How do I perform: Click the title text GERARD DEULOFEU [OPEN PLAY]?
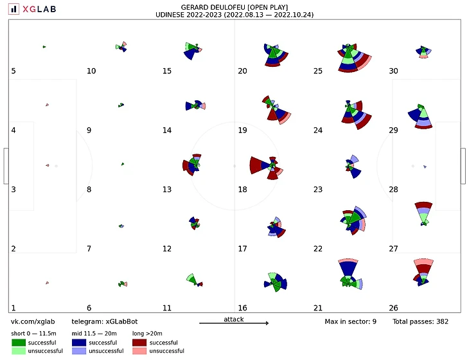pos(234,6)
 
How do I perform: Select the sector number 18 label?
pos(242,190)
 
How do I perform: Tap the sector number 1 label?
pos(13,308)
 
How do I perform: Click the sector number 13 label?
pos(167,190)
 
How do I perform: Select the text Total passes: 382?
pos(420,321)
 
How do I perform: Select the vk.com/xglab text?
pos(32,321)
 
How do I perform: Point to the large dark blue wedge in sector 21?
pos(348,267)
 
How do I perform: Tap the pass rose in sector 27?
pos(423,212)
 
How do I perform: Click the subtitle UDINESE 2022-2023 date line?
pos(234,14)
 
